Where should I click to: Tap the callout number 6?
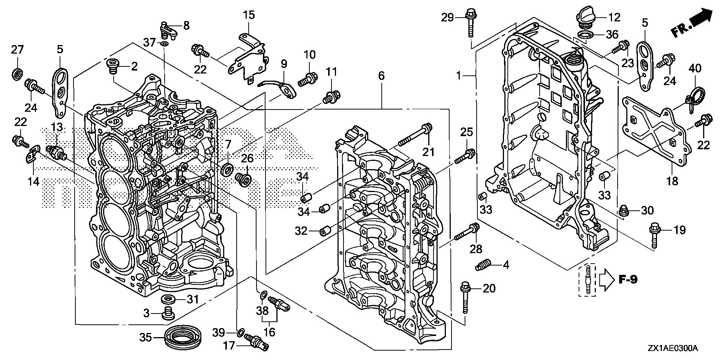point(381,76)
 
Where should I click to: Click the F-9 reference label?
point(627,279)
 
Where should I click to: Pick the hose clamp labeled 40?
point(693,104)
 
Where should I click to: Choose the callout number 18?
point(672,181)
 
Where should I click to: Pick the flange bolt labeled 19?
point(654,235)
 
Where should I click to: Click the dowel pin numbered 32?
point(325,231)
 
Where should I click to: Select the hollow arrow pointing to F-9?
point(605,279)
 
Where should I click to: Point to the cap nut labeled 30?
point(624,211)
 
